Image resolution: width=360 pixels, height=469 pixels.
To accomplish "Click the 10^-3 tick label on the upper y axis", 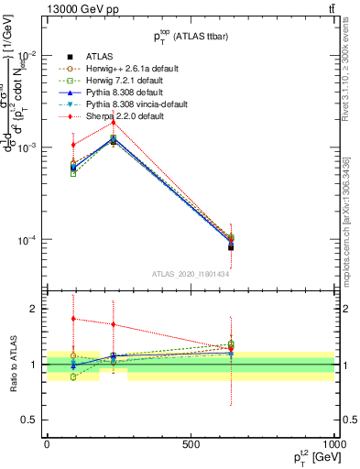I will click(27, 147).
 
